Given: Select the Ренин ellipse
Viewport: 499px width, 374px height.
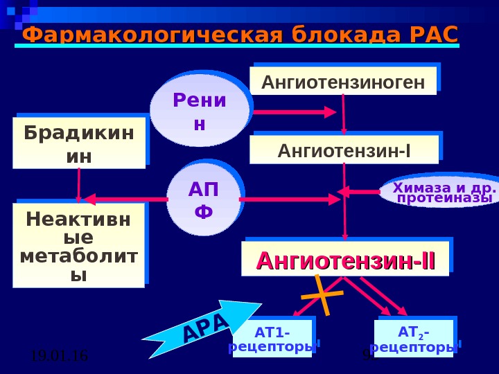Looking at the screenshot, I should tap(200, 111).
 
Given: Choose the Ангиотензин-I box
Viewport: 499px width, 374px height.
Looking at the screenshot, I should tap(344, 150).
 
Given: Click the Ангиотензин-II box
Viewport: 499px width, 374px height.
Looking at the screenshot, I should tap(345, 260).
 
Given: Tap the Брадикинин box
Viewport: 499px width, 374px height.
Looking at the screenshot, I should tap(79, 143).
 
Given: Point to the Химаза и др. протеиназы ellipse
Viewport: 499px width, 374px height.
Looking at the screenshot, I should tap(440, 193).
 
